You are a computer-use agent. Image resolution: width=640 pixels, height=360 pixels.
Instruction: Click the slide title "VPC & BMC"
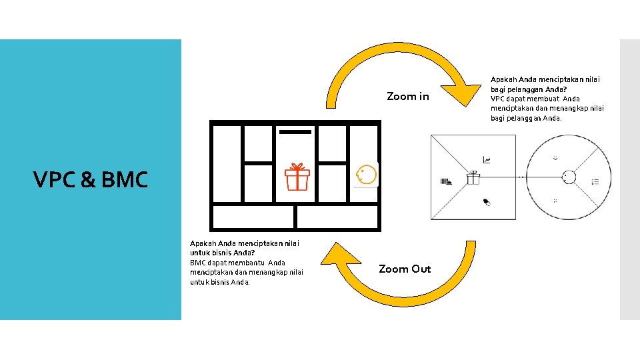[91, 180]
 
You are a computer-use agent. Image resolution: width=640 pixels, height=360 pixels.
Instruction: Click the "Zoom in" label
[408, 97]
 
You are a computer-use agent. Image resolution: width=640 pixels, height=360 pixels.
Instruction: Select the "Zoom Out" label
[405, 269]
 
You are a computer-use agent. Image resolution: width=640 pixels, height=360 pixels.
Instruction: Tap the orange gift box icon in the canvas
[297, 178]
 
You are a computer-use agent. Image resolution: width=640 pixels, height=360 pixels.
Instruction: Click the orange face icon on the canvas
[366, 175]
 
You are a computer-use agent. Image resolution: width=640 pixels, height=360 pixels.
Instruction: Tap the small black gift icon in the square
[473, 177]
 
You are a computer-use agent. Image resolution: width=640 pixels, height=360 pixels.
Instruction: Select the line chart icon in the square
[487, 160]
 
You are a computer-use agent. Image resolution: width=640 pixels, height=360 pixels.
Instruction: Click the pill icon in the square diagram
[487, 201]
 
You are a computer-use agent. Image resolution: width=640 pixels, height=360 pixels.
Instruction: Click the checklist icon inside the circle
[595, 181]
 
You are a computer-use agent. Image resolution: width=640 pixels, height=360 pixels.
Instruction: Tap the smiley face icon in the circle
[555, 158]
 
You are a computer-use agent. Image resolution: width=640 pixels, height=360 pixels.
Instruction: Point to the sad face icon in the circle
[555, 201]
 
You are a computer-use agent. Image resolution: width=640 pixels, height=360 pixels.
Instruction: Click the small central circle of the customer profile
[569, 177]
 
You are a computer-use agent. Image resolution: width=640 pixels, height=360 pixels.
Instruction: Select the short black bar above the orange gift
[295, 132]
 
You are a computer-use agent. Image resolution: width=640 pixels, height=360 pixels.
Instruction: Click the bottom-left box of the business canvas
[253, 217]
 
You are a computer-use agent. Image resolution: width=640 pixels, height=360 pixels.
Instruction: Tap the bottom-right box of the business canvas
[337, 217]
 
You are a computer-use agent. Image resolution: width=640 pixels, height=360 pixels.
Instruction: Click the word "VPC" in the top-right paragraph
[499, 99]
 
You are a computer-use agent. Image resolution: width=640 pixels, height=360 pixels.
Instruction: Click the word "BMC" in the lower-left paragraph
[199, 263]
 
